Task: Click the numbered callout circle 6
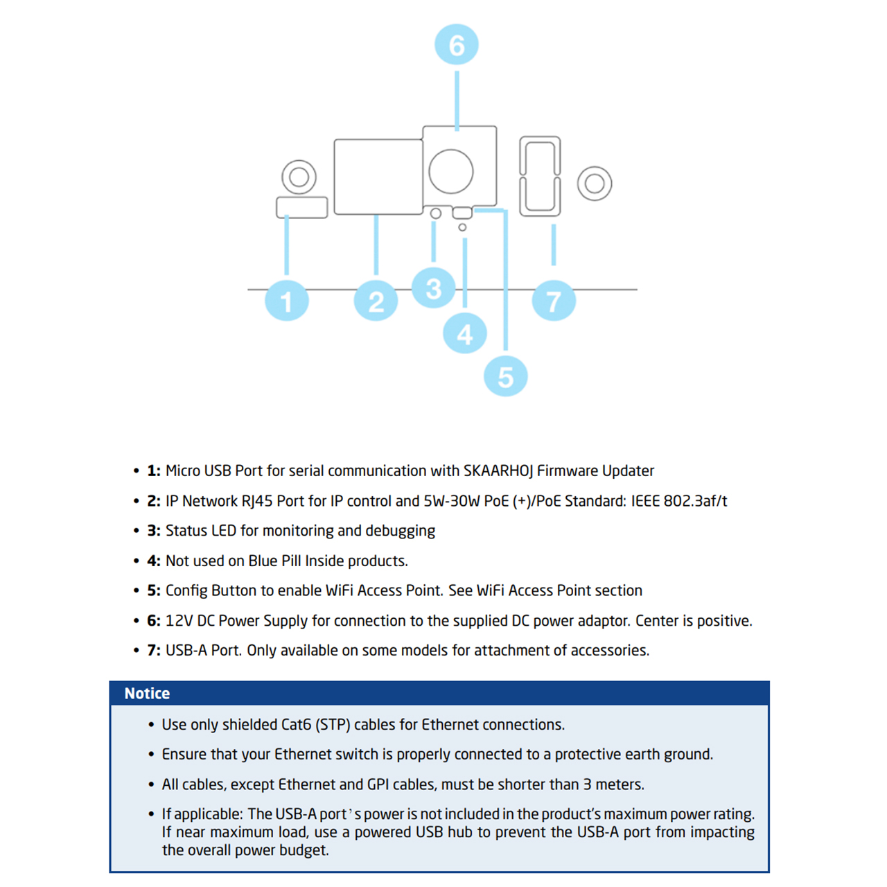coord(456,45)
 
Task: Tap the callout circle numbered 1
coord(286,301)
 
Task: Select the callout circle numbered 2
coord(376,301)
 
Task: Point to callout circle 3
coord(433,288)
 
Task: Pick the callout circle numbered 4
coord(464,334)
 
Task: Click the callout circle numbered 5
coord(505,377)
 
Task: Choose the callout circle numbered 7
coord(553,301)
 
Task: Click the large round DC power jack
coord(451,171)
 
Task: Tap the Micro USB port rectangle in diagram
coord(302,207)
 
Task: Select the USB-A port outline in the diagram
coord(540,176)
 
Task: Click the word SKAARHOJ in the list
coord(498,471)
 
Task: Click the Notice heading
coord(147,694)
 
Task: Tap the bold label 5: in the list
coord(153,591)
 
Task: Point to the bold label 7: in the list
coord(153,651)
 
